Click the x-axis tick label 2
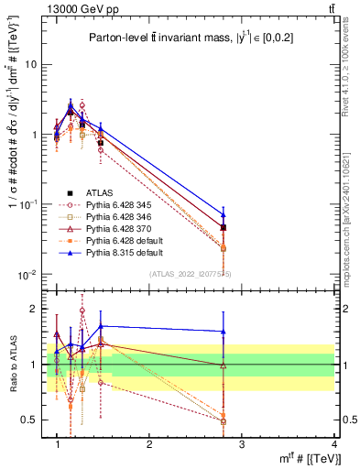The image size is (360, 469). [x=149, y=443]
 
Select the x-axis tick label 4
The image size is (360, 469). [x=335, y=443]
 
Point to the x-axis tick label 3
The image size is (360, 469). [x=243, y=443]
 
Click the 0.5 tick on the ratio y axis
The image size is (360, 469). [x=34, y=420]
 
